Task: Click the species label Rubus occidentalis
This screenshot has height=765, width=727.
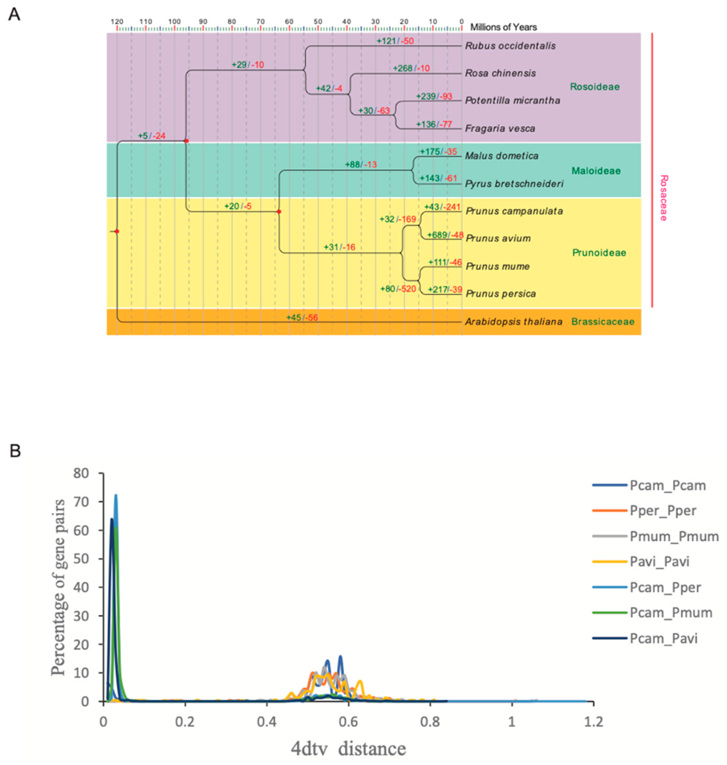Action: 510,46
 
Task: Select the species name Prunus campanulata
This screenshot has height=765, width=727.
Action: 514,211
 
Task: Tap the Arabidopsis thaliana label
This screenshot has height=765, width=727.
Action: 513,322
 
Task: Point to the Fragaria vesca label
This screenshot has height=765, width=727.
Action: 500,128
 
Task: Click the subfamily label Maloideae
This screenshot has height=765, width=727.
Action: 596,171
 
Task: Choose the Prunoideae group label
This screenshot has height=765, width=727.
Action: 599,253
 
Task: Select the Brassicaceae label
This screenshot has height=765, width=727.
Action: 603,322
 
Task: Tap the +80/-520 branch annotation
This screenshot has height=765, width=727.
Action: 398,289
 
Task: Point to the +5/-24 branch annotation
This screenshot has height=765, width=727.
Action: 152,136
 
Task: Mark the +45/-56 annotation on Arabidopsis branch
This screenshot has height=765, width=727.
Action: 302,318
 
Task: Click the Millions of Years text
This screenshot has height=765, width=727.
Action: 504,27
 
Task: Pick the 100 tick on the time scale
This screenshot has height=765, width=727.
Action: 174,22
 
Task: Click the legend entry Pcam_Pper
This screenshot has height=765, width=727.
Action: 665,587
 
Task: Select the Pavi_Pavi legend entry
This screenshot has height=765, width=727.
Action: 659,561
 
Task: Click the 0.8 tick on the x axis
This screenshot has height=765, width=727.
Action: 430,722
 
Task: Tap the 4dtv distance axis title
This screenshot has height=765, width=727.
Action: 348,749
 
